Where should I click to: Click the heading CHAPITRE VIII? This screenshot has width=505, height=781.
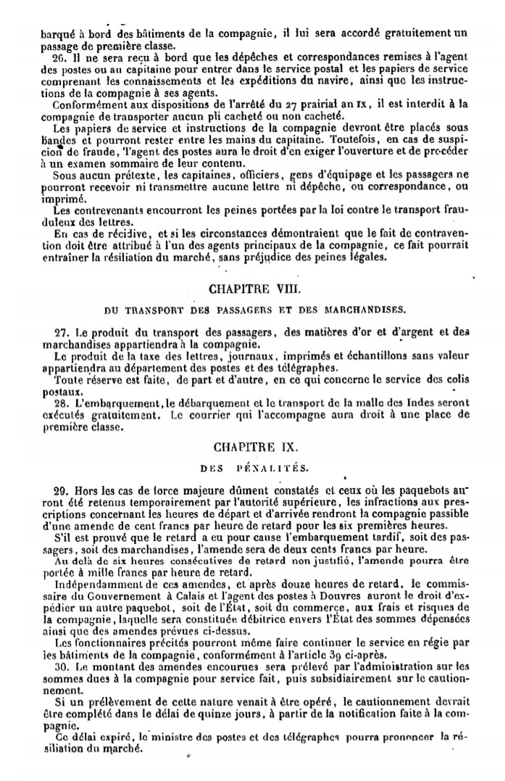point(249,288)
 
